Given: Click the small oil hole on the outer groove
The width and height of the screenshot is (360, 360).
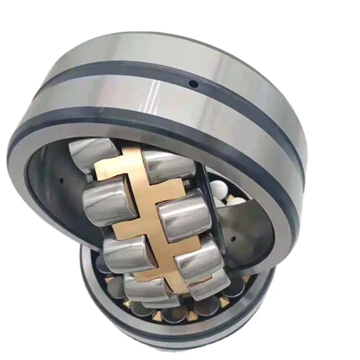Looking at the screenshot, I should click(x=193, y=84).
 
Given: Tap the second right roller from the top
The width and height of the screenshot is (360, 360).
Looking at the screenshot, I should click(x=182, y=215).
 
